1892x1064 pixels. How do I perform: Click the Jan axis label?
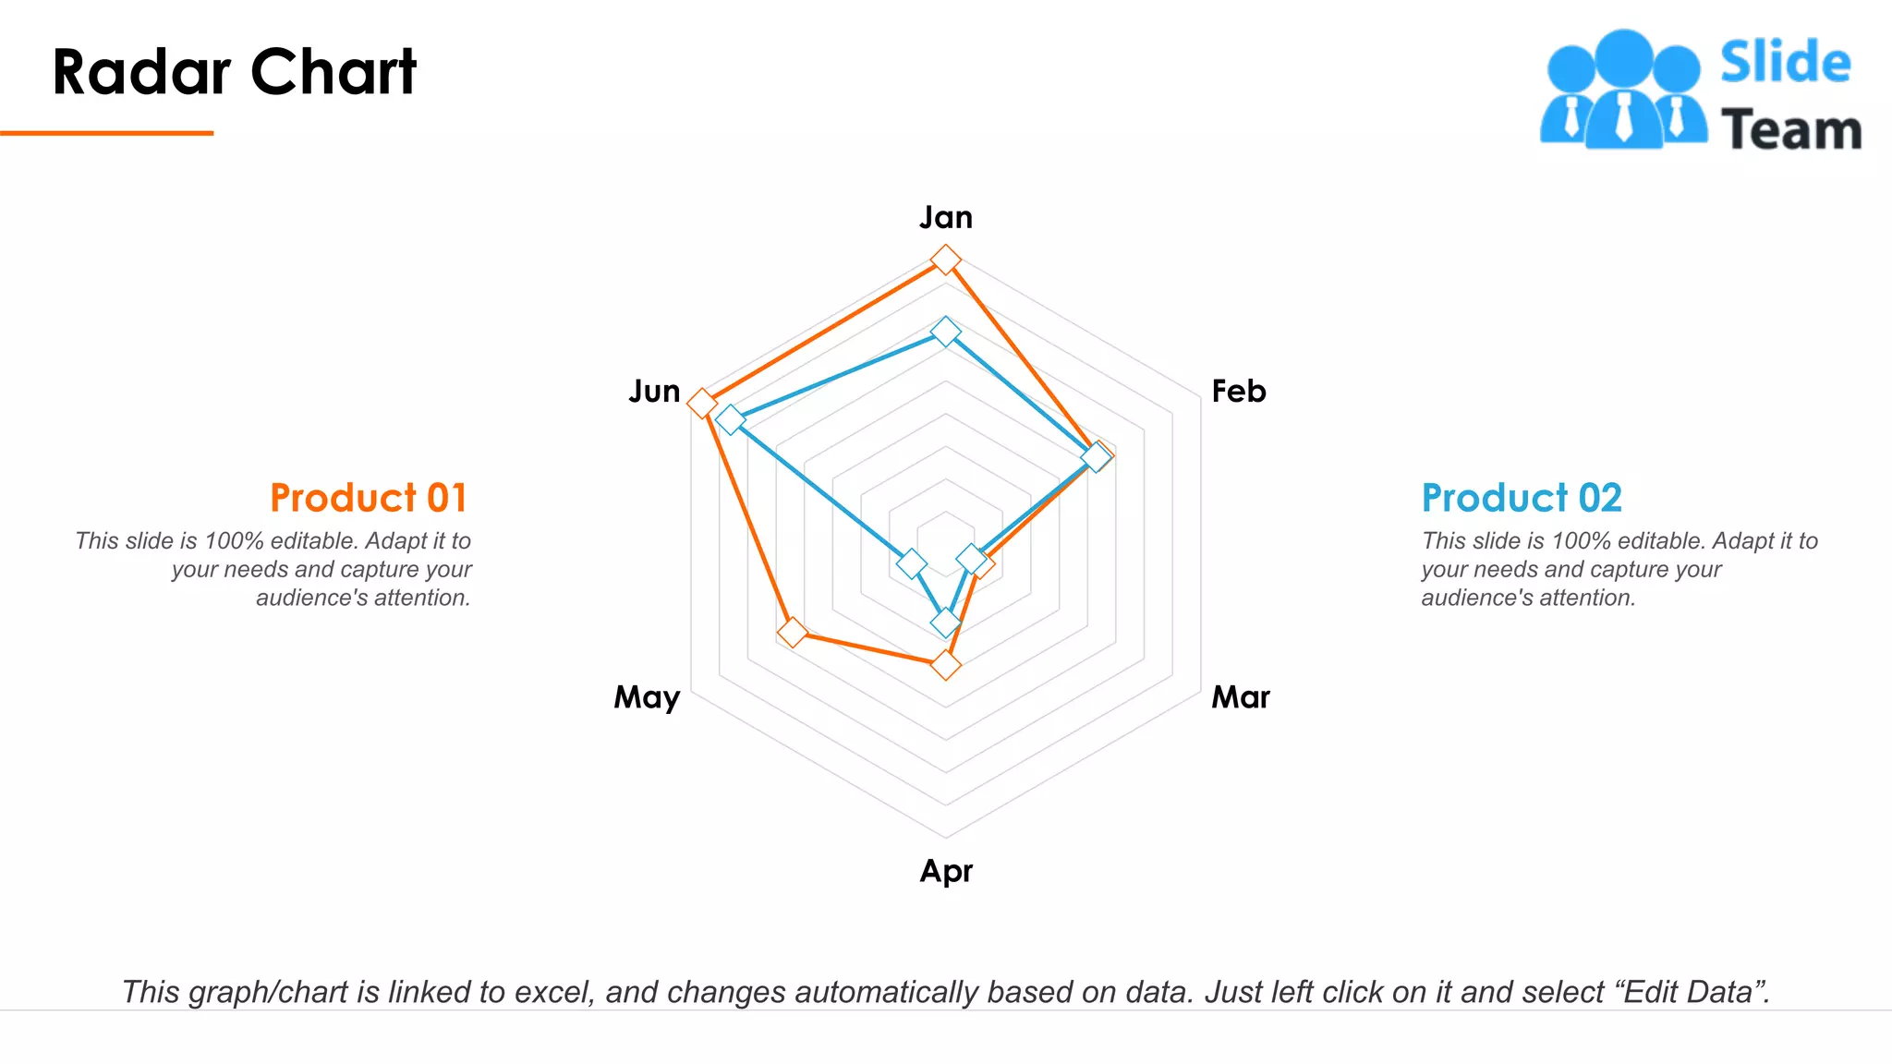click(x=945, y=218)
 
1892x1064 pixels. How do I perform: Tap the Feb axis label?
click(x=1238, y=392)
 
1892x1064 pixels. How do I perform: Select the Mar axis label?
click(x=1240, y=696)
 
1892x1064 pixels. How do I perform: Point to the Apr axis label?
click(x=946, y=871)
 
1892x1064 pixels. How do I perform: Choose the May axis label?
click(x=647, y=697)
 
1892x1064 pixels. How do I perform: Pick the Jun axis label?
click(x=654, y=392)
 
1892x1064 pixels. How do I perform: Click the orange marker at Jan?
click(x=945, y=260)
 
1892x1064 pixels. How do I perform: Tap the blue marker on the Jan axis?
click(x=945, y=331)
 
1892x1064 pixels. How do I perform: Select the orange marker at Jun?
click(x=702, y=403)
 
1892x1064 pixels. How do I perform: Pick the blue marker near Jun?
click(x=730, y=419)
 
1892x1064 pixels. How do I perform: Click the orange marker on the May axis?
click(x=792, y=633)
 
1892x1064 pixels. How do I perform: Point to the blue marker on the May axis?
click(x=912, y=562)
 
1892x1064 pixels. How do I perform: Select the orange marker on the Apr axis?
click(x=945, y=664)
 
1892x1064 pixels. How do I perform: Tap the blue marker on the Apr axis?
click(x=945, y=623)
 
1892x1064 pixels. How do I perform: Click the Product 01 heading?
click(x=368, y=498)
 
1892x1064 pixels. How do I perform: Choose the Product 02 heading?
click(x=1521, y=498)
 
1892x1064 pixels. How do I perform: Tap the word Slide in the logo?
click(x=1785, y=63)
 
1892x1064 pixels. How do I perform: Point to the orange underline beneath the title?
click(x=106, y=133)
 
